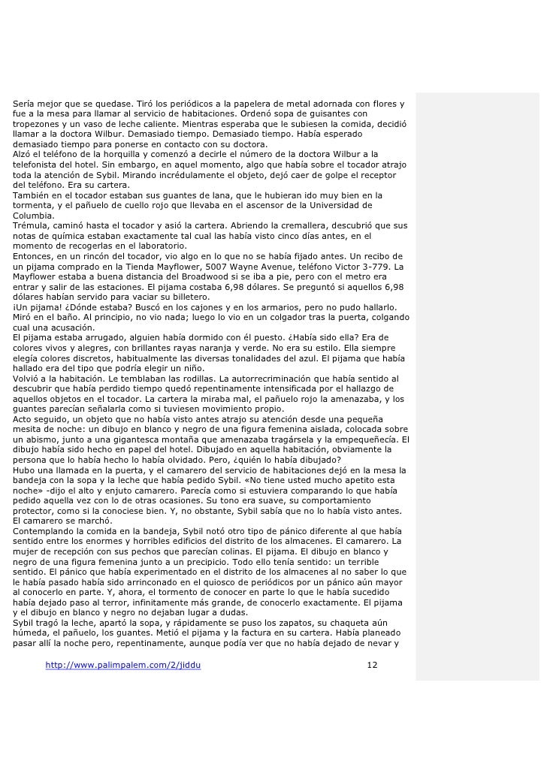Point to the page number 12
coord(372,666)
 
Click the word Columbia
coord(34,214)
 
